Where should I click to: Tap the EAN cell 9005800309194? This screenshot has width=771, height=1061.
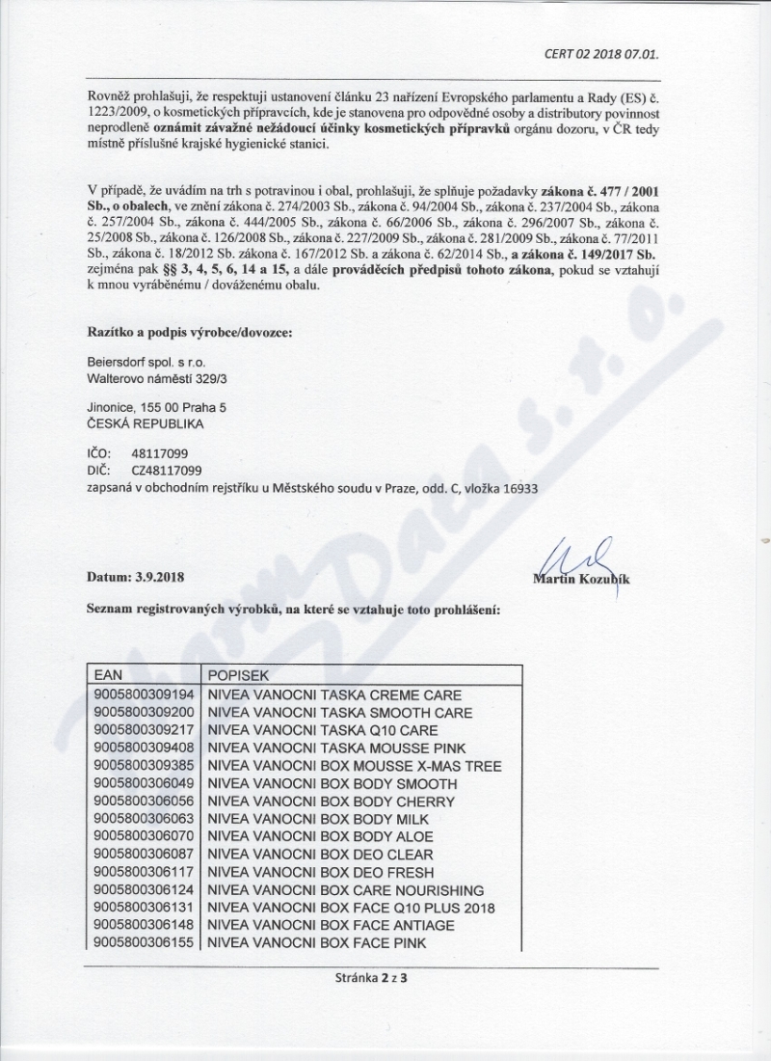pyautogui.click(x=143, y=695)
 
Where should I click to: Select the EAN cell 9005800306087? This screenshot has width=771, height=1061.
pyautogui.click(x=143, y=855)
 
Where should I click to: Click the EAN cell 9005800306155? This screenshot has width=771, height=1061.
pyautogui.click(x=143, y=942)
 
